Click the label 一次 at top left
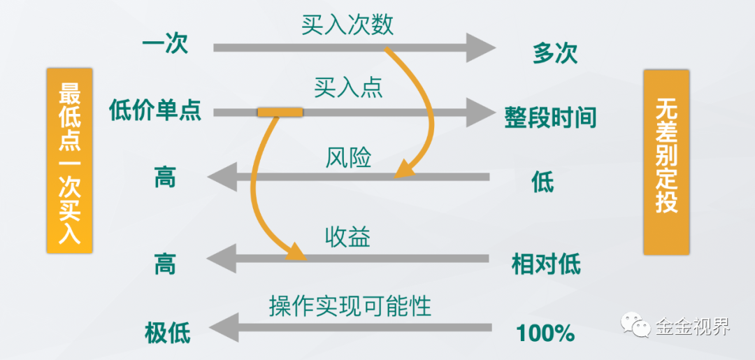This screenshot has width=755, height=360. coord(165,46)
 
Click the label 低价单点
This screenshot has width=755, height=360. coord(155,110)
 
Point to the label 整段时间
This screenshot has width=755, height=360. coord(550,117)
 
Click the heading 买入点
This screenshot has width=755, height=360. coord(348,88)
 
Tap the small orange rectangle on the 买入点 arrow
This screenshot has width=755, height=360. coord(280,112)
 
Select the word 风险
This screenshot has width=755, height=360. coord(348,157)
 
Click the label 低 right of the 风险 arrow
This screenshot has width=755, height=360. coord(542,182)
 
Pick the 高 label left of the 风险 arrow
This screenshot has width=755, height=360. coord(165,178)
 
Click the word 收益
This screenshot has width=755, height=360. coord(347,237)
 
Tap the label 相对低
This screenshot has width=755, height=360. coord(546,264)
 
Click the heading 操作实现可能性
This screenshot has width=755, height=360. coord(350,305)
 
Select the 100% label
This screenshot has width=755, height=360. coord(545,333)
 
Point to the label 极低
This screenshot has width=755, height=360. coord(167,331)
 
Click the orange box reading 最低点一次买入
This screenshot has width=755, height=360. coord(69,161)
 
